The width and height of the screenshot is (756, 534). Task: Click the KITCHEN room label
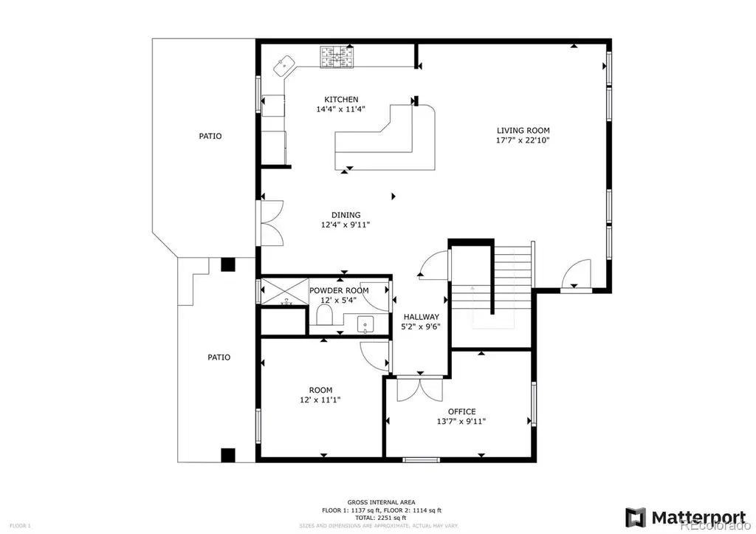click(341, 100)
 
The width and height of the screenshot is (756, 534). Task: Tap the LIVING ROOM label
click(523, 130)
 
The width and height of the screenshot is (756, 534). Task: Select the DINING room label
click(346, 215)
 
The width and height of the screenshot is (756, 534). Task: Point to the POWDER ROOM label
click(339, 290)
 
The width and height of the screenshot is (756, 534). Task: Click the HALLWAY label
click(422, 317)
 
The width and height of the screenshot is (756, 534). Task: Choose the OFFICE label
click(462, 411)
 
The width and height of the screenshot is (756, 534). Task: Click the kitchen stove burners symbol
click(336, 56)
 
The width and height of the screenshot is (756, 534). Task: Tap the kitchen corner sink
click(284, 66)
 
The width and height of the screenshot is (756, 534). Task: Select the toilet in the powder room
click(325, 316)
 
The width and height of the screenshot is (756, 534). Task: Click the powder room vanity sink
click(365, 324)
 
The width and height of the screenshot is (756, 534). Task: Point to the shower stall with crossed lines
click(284, 291)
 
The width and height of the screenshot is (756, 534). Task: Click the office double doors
click(420, 389)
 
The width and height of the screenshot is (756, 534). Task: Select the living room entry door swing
click(576, 275)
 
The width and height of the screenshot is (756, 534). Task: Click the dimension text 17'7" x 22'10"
click(523, 140)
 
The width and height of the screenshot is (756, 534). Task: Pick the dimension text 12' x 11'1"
click(320, 400)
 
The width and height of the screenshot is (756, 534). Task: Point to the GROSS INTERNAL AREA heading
click(382, 502)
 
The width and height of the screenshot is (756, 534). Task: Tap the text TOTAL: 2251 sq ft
click(381, 518)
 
